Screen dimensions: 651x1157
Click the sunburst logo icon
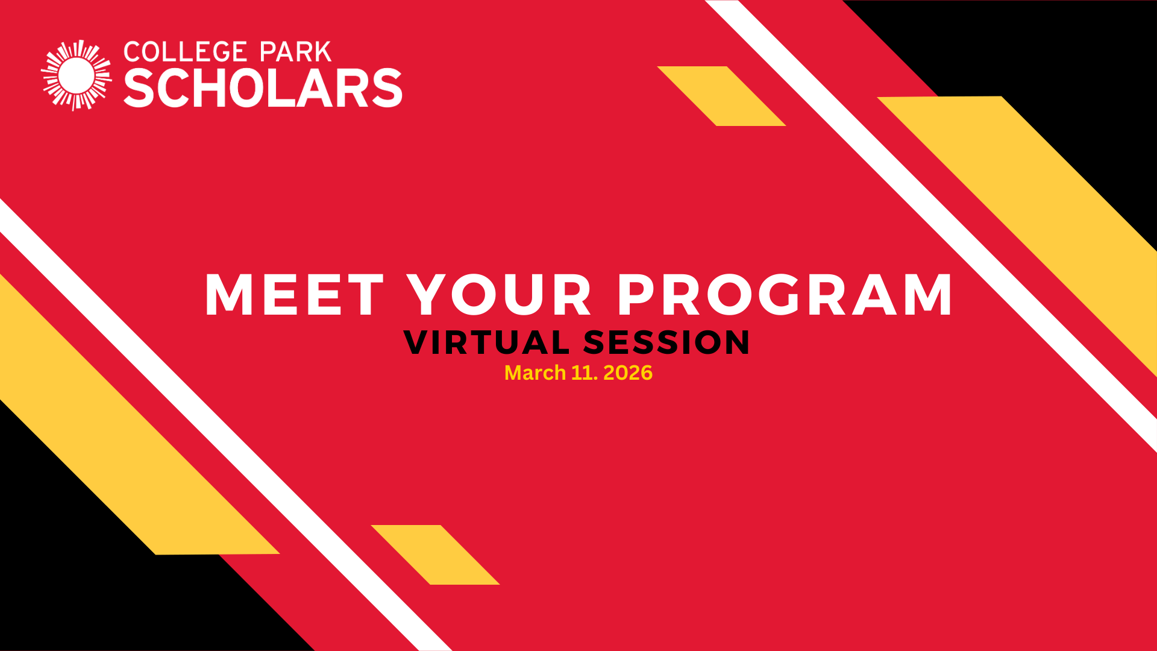tap(77, 75)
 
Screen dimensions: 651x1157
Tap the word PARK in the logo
tap(295, 52)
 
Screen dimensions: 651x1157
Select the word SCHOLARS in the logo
tap(263, 89)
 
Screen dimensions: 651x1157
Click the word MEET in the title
tap(294, 295)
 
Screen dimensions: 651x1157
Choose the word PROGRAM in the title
tap(785, 295)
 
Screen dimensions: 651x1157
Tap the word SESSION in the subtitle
tap(666, 342)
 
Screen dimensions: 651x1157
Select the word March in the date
tap(535, 373)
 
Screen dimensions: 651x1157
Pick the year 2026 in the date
tap(627, 373)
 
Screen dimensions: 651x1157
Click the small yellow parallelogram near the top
tap(721, 96)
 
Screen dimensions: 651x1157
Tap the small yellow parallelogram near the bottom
tap(435, 555)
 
